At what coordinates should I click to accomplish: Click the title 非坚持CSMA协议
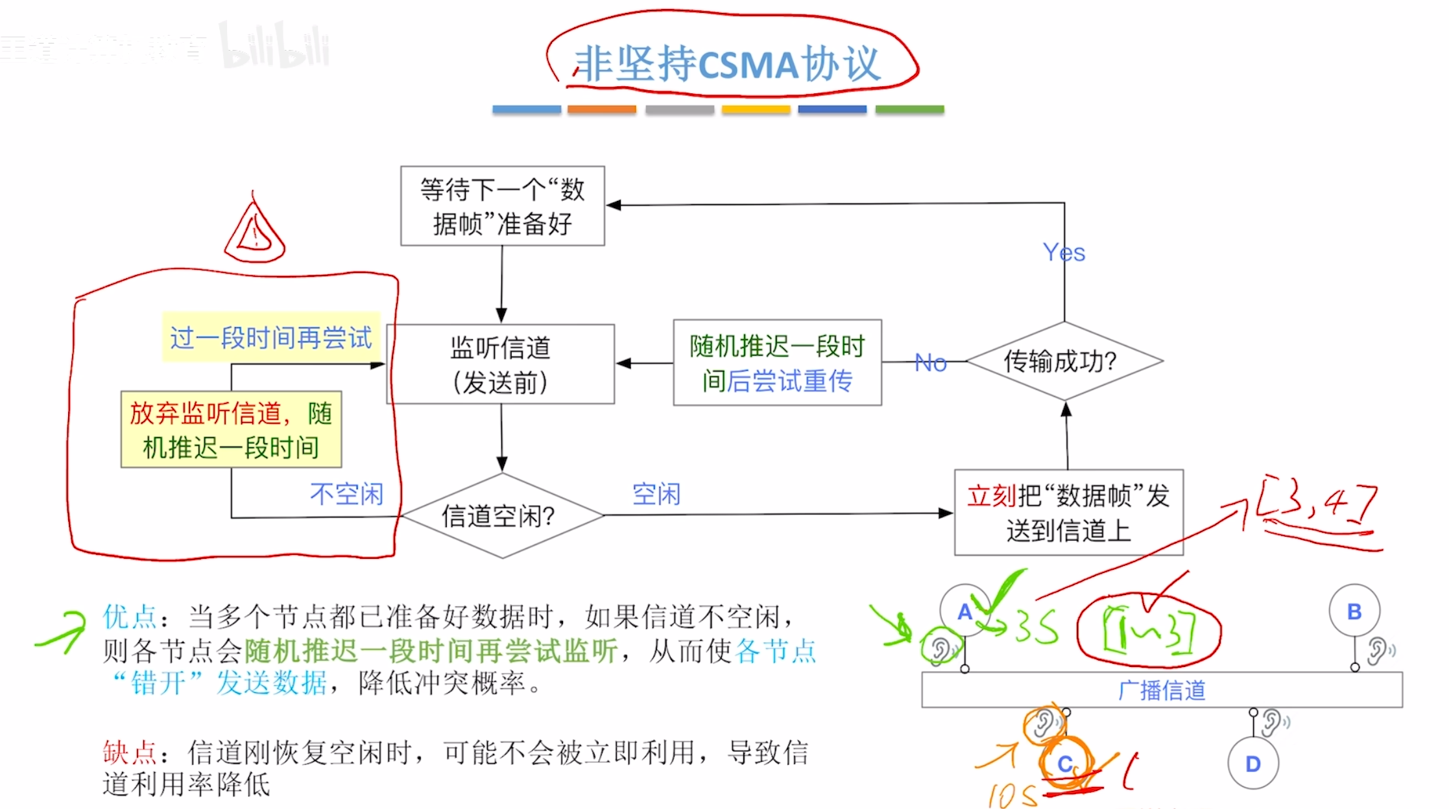tap(726, 64)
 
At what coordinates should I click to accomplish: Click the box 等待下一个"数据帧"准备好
tap(502, 206)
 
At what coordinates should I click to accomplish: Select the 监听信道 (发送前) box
tap(501, 364)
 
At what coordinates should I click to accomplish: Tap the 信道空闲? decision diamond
tap(501, 516)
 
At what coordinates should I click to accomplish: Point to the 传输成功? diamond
tap(1064, 361)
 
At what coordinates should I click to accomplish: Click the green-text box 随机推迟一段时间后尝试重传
tap(777, 363)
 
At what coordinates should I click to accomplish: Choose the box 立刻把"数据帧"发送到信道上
tap(1068, 513)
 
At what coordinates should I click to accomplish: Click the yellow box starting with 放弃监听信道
tap(231, 429)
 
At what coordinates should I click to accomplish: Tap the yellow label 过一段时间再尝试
tap(270, 338)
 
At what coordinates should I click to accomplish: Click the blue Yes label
tap(1064, 252)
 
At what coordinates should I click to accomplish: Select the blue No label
tap(931, 362)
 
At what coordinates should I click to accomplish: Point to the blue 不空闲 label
tap(346, 494)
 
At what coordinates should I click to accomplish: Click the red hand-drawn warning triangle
tap(255, 232)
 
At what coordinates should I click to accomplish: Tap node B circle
tap(1354, 611)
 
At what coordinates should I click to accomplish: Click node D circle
tap(1253, 764)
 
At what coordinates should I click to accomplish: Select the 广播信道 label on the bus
tap(1162, 690)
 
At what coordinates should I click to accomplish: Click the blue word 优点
tap(130, 616)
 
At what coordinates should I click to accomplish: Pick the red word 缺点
tap(130, 753)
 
